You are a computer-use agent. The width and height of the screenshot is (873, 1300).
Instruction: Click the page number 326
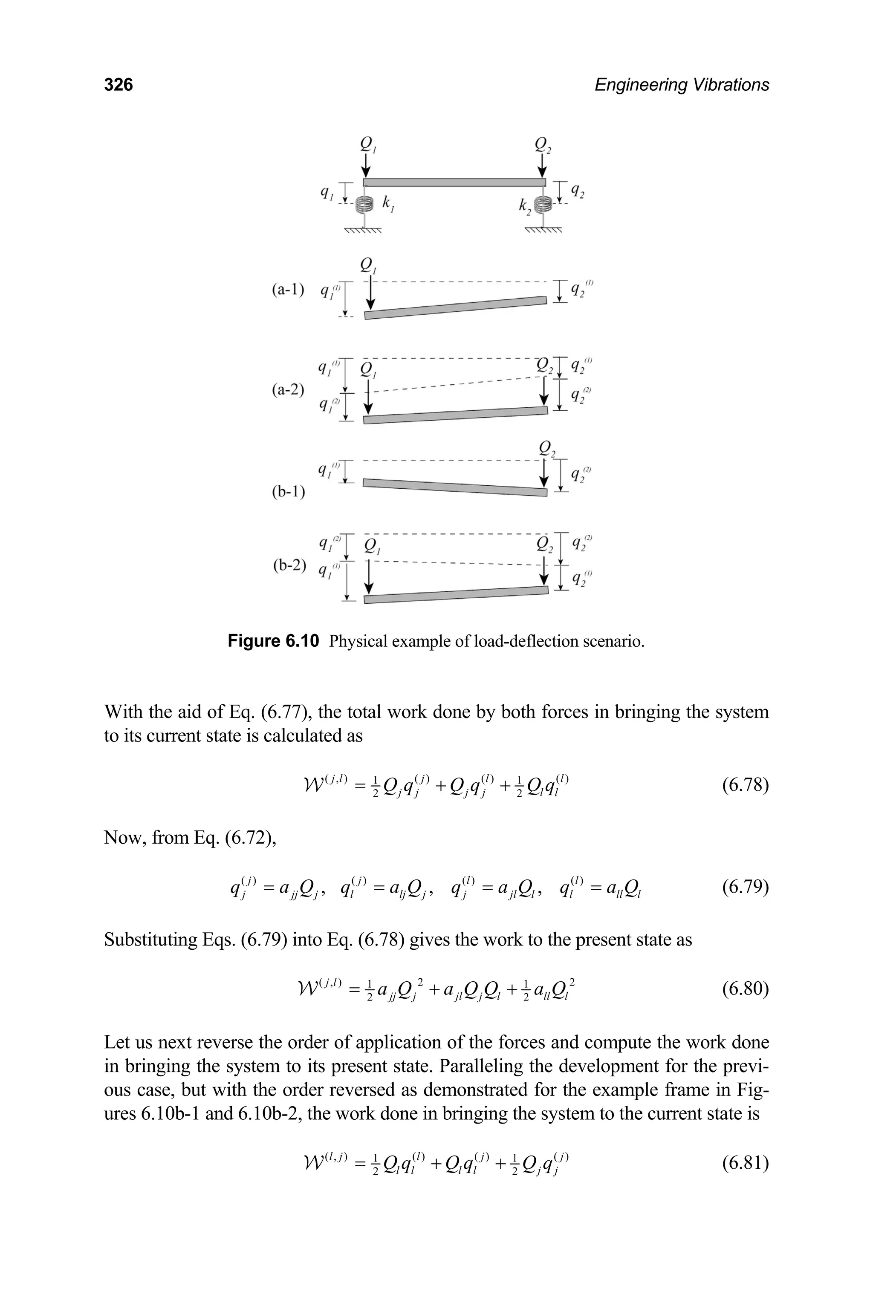[x=118, y=85]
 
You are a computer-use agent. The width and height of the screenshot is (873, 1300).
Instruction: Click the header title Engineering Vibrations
[x=682, y=85]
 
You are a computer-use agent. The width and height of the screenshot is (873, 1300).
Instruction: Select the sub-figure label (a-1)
[x=288, y=289]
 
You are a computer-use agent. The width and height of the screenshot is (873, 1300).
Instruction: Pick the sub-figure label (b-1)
[x=288, y=492]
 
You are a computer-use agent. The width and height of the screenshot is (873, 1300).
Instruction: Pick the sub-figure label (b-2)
[x=289, y=565]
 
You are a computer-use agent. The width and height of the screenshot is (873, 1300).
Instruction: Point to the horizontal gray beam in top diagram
[x=454, y=182]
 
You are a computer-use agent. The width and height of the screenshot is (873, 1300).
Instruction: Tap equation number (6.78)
[x=745, y=785]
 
